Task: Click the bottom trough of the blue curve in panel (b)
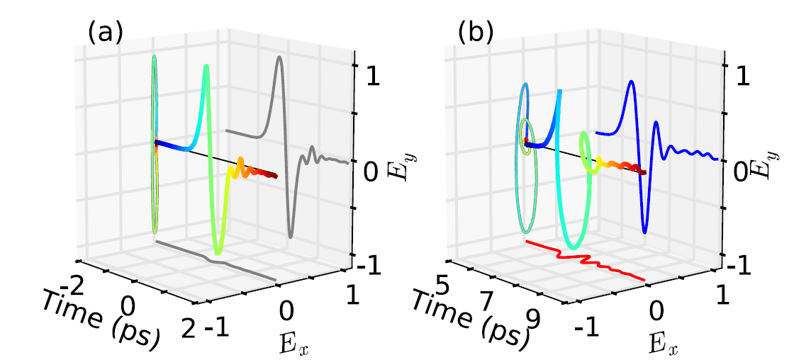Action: (x=644, y=231)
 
